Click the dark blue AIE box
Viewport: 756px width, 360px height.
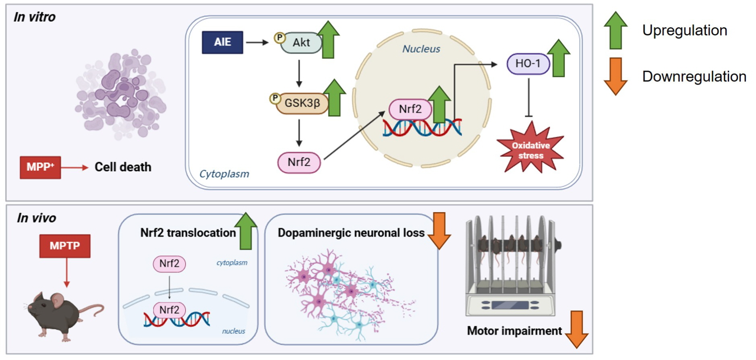[222, 42]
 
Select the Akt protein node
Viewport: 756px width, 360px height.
[301, 43]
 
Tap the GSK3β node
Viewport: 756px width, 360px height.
[302, 103]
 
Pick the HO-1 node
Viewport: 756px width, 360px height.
[528, 64]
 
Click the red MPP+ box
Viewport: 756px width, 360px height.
[40, 167]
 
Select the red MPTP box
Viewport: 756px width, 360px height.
[65, 246]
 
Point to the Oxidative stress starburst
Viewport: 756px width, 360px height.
[530, 150]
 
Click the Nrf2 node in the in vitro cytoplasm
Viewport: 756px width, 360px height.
[299, 162]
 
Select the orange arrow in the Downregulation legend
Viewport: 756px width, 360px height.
[615, 76]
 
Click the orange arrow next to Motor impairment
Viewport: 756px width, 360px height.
[577, 329]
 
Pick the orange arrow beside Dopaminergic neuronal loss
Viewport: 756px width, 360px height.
[439, 231]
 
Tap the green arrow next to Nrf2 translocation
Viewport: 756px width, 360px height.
[246, 231]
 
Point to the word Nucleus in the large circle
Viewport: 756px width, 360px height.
[421, 49]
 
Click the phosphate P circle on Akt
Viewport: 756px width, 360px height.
[280, 37]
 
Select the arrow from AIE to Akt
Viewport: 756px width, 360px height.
[257, 42]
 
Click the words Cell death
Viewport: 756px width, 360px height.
[123, 167]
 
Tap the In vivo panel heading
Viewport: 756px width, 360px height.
[36, 218]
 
